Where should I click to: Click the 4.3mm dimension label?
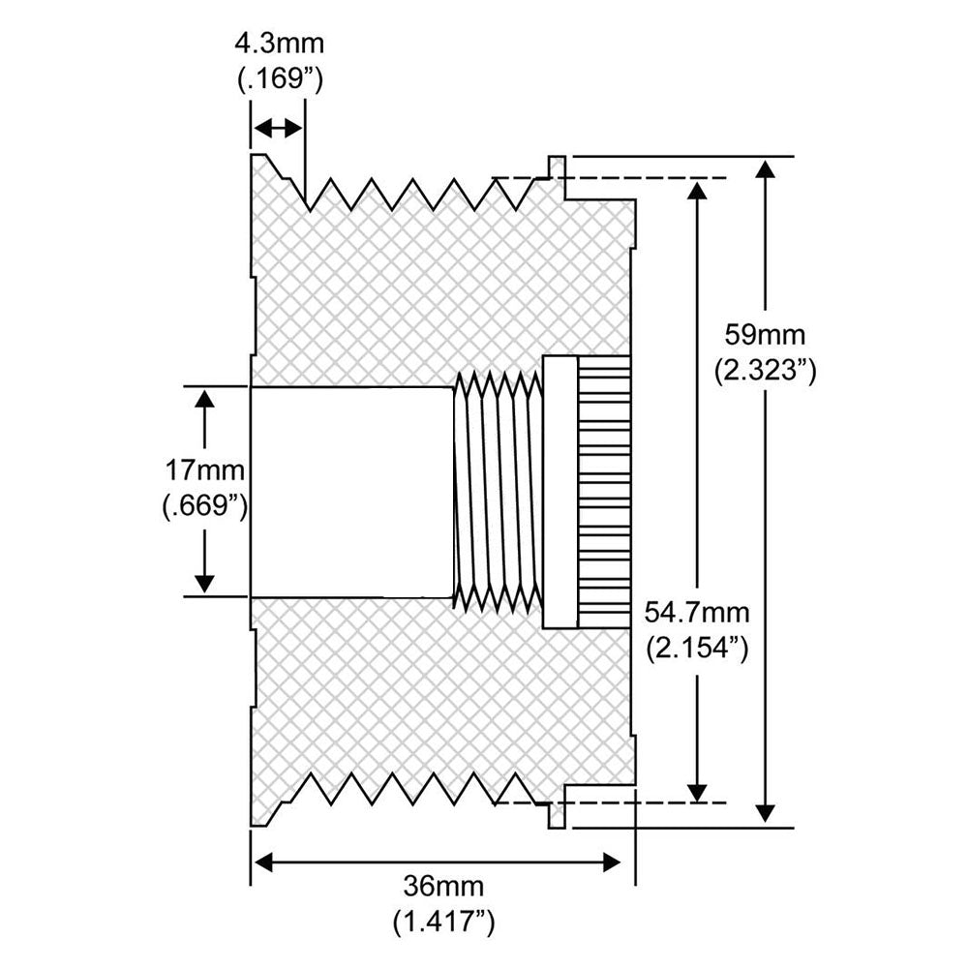(x=280, y=44)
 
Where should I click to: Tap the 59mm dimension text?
(x=765, y=335)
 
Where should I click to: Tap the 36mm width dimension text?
(x=444, y=887)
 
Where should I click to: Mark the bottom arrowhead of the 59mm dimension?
(x=766, y=813)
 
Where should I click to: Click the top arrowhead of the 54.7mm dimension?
(x=696, y=191)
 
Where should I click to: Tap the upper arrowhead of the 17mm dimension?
(x=204, y=398)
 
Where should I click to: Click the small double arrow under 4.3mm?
(x=278, y=129)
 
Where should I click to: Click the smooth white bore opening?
(x=351, y=492)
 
